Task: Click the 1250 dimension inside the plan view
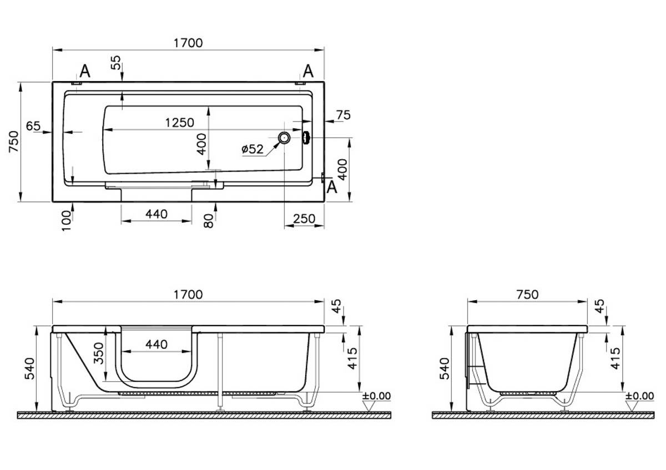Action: pyautogui.click(x=180, y=123)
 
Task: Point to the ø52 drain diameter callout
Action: pyautogui.click(x=253, y=149)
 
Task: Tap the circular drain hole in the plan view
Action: pyautogui.click(x=284, y=138)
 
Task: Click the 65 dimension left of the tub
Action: pyautogui.click(x=33, y=126)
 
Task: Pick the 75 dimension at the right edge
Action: pyautogui.click(x=344, y=115)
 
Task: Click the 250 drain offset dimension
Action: pyautogui.click(x=304, y=219)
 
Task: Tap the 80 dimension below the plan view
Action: pyautogui.click(x=209, y=221)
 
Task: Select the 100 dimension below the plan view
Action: pyautogui.click(x=66, y=221)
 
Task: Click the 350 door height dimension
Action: pyautogui.click(x=99, y=353)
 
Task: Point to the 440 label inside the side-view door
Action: pyautogui.click(x=157, y=345)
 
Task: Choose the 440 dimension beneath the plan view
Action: pyautogui.click(x=157, y=214)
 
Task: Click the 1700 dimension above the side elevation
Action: pyautogui.click(x=188, y=294)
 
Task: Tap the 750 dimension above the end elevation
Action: pyautogui.click(x=527, y=294)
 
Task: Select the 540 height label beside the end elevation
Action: pyautogui.click(x=445, y=368)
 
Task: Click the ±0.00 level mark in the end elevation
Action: pyautogui.click(x=639, y=396)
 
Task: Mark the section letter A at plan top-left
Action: pyautogui.click(x=85, y=71)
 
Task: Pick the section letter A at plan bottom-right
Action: pyautogui.click(x=332, y=187)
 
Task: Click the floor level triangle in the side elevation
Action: pyautogui.click(x=369, y=406)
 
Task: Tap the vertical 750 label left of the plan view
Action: pyautogui.click(x=14, y=141)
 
